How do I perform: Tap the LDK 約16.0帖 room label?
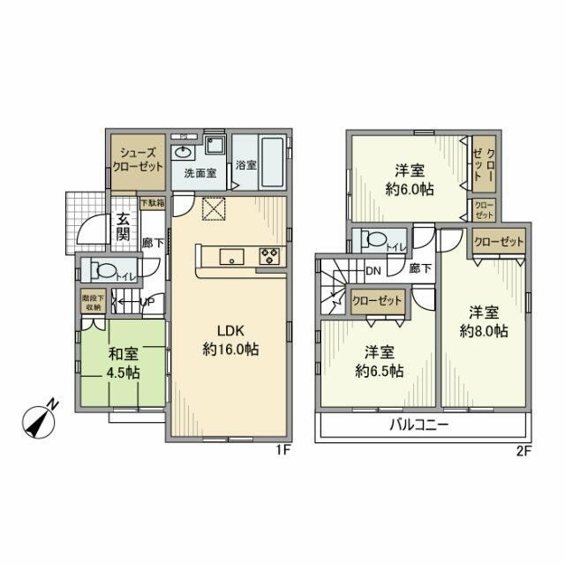229,339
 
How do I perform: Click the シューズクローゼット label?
139,160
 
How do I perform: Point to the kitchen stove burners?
270,256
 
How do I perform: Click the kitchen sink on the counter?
231,257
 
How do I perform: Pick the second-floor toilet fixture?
372,239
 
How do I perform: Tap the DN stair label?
373,270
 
